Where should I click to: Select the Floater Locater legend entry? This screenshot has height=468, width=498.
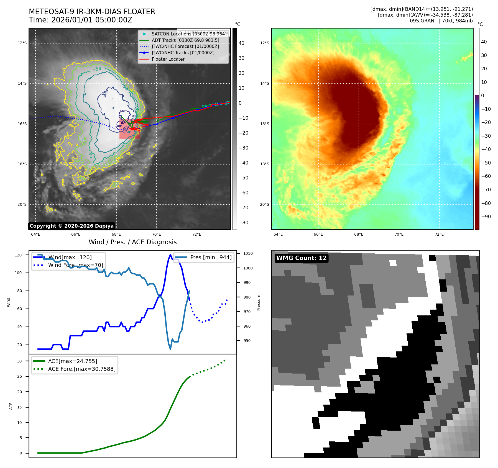pos(168,59)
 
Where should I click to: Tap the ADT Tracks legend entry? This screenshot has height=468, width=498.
pos(185,40)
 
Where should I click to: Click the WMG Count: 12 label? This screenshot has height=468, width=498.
pos(302,258)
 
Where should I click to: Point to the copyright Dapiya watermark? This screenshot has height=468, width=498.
pos(71,226)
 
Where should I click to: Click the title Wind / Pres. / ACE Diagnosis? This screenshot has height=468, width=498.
pos(132,242)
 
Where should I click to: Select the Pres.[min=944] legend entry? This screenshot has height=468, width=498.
pos(211,257)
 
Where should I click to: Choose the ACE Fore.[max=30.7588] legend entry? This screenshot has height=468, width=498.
pos(82,369)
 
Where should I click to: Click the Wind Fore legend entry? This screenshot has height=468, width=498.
pos(75,265)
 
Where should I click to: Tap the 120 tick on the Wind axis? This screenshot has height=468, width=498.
pos(18,255)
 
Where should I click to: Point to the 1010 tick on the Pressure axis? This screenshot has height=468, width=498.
pos(248,253)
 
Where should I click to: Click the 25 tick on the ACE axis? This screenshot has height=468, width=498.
pos(20,376)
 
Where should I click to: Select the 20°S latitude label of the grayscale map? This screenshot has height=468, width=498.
pos(22,205)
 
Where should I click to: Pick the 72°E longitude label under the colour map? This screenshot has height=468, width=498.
pos(439,234)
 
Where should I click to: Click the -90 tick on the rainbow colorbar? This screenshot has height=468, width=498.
pos(486,217)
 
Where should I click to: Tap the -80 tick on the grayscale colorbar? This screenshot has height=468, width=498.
pos(244,223)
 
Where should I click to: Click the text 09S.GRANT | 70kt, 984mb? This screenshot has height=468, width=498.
pos(441,21)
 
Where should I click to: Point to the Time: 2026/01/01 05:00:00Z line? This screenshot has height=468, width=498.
pos(80,20)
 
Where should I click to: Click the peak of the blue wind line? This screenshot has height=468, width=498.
pos(170,255)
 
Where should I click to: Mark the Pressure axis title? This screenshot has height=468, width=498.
pos(259,302)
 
